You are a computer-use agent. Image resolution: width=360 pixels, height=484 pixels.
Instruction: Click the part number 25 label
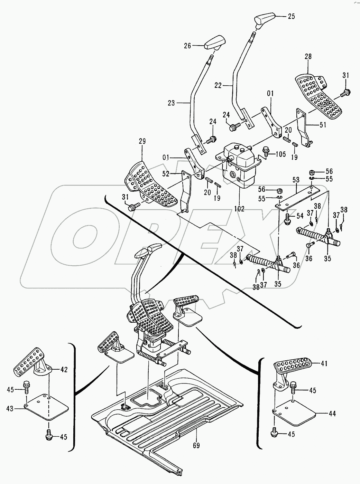291,16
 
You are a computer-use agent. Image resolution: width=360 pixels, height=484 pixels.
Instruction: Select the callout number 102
239,209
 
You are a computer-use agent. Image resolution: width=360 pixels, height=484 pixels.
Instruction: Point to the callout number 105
280,154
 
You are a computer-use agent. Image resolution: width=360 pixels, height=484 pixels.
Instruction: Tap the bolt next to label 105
266,151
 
